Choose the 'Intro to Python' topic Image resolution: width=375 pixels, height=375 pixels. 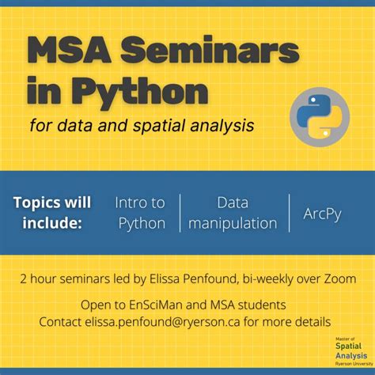pos(142,212)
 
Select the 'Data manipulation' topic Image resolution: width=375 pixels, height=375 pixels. pos(232,212)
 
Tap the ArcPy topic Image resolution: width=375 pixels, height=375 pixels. pos(322,213)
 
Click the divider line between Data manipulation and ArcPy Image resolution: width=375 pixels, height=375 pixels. pos(288,212)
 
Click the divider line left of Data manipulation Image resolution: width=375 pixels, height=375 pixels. pos(180,212)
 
